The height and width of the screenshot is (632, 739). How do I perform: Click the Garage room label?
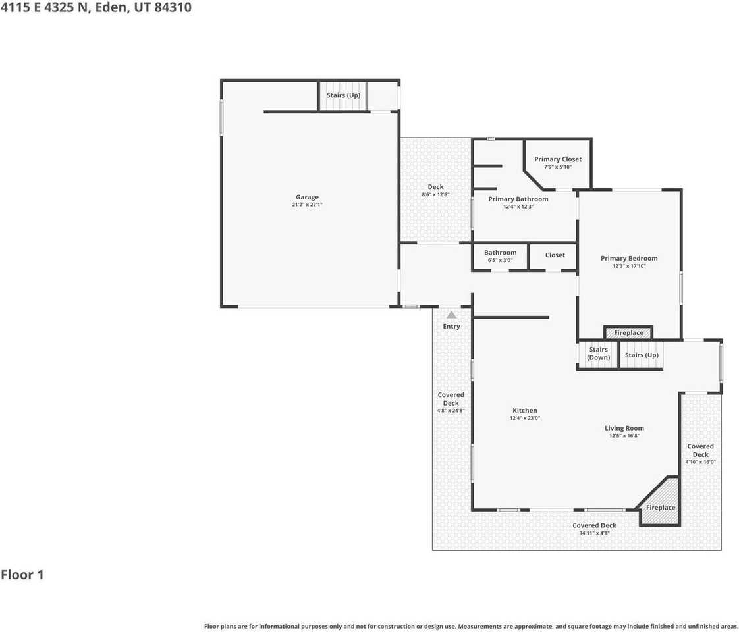pos(307,197)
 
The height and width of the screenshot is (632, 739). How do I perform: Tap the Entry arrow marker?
pos(451,315)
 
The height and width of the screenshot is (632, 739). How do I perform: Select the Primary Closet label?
pos(557,159)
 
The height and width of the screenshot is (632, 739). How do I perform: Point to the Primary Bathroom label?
pos(518,199)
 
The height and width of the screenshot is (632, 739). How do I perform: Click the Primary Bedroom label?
pos(629,259)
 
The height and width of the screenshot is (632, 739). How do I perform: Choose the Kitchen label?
pos(524,411)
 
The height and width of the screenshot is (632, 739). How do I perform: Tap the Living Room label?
pos(624,428)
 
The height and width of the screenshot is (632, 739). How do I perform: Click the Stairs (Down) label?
pos(598,354)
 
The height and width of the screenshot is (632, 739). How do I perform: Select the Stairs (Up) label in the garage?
pos(343,95)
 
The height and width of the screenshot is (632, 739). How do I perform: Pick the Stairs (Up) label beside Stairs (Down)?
pos(642,355)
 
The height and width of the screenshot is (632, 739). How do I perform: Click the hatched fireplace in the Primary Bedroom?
pos(628,333)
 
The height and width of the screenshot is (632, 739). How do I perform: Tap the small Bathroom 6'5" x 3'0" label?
pos(500,253)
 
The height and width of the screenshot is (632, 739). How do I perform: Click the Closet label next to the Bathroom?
pos(555,255)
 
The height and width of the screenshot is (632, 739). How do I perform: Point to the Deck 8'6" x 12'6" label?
pos(435,187)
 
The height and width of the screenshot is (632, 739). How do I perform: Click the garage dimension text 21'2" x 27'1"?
pos(307,205)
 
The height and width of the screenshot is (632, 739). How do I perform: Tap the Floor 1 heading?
pos(22,575)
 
